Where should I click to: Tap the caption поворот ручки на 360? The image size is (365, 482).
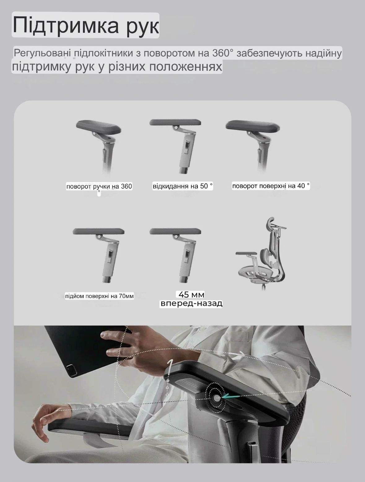click(99, 186)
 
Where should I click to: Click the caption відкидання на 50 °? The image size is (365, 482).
click(183, 186)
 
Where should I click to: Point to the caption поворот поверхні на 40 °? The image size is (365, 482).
click(271, 186)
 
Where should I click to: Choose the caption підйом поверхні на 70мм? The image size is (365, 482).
click(99, 296)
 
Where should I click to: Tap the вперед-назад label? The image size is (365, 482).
click(191, 303)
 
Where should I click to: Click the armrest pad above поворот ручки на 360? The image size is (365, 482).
click(98, 127)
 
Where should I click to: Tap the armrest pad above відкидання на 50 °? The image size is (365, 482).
click(175, 122)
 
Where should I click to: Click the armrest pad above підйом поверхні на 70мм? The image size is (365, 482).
click(98, 231)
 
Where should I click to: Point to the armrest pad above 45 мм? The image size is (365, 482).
click(175, 231)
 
